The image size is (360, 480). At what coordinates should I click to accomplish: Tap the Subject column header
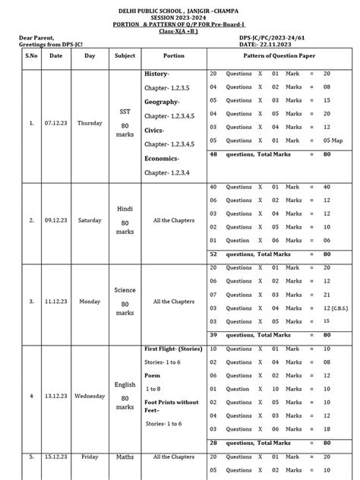125,55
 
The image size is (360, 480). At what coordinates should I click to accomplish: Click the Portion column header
173,55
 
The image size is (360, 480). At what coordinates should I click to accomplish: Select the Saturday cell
90,220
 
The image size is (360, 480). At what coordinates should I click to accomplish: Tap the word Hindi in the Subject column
125,208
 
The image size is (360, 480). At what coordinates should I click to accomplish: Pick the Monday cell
90,301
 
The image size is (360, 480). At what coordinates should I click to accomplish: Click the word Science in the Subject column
125,290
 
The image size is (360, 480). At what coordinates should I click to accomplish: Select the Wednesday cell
90,396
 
